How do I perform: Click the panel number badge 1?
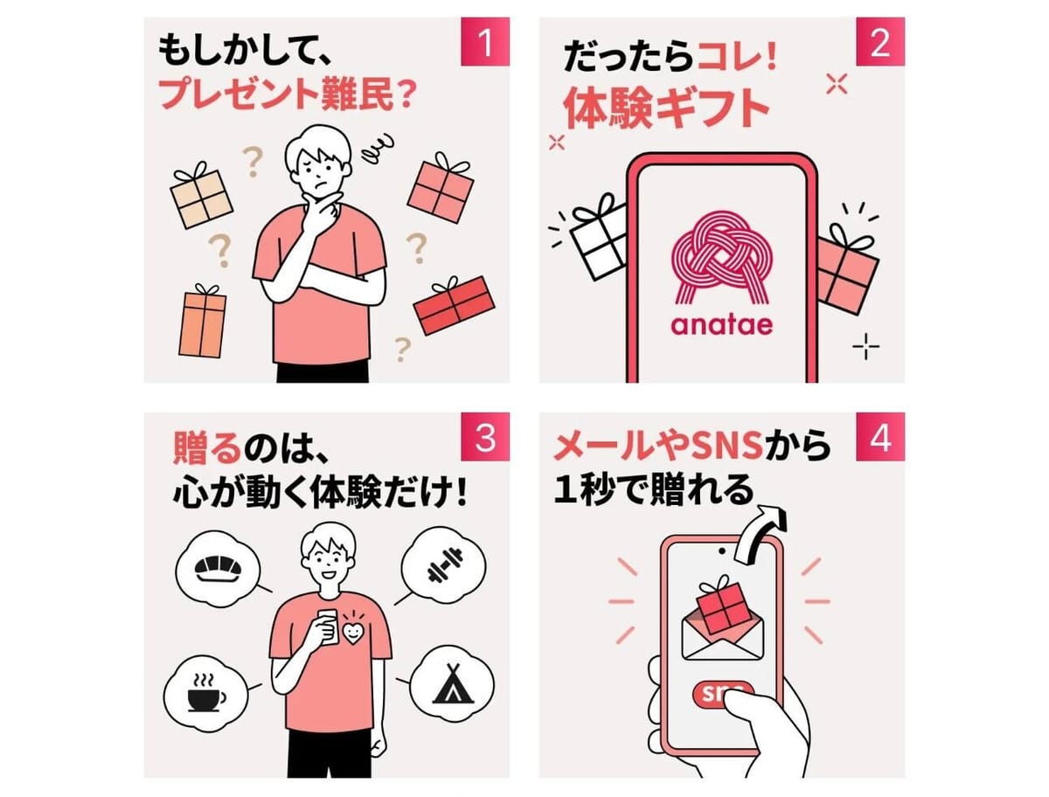pyautogui.click(x=485, y=42)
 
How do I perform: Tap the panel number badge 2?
pyautogui.click(x=880, y=42)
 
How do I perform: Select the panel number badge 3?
pyautogui.click(x=485, y=437)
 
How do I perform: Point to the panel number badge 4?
pyautogui.click(x=880, y=437)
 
